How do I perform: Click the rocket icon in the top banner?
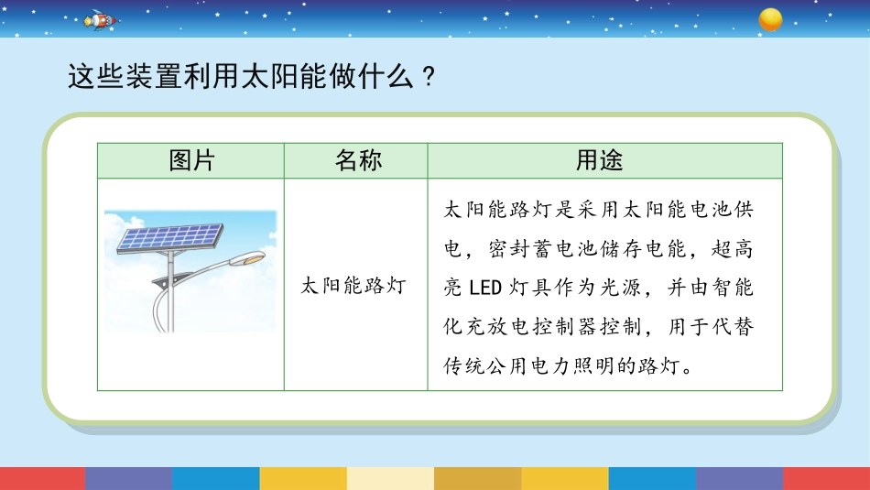pos(101,20)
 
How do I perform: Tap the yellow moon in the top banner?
pos(770,19)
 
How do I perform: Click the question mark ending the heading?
pos(429,77)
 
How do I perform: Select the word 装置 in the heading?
pos(154,76)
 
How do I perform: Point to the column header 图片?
pos(191,160)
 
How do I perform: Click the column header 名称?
pos(358,160)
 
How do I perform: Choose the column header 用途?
pos(599,160)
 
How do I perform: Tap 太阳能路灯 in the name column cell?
pos(353,286)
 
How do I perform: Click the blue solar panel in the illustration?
pos(170,238)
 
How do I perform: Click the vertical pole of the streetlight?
pos(170,291)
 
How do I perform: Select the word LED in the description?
pos(485,288)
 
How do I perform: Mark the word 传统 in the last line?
pos(464,366)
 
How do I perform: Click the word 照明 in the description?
pos(593,366)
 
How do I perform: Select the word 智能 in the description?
pos(733,288)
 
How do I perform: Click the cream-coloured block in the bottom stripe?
pos(391,478)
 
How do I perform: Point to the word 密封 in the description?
pos(509,248)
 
